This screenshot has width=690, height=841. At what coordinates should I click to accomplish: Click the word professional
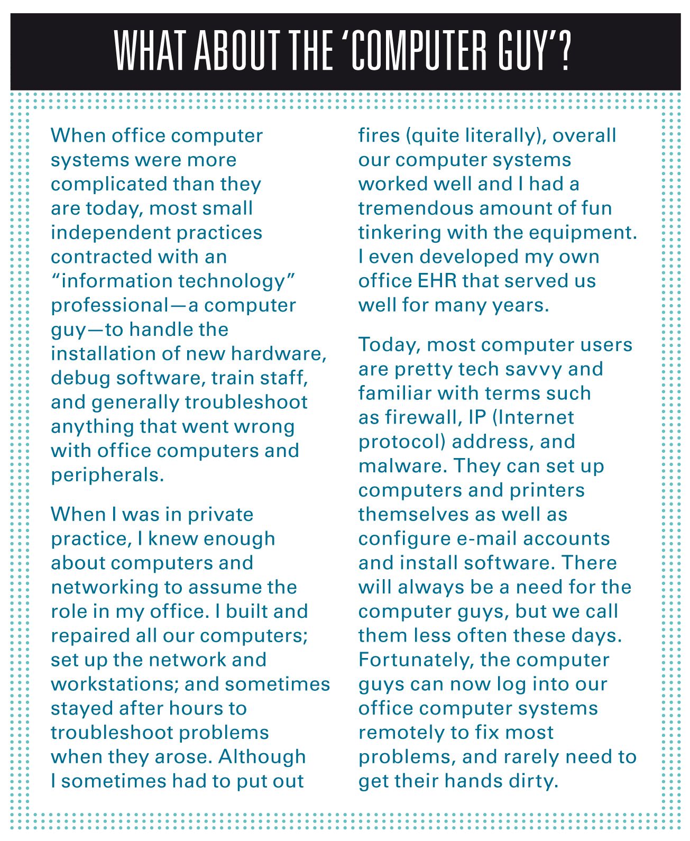point(109,306)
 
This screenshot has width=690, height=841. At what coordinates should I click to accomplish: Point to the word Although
point(262,757)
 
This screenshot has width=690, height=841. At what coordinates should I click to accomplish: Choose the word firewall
point(422,417)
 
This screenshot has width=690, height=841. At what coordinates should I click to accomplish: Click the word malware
point(401,466)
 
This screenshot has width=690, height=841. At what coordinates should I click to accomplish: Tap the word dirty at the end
point(533,781)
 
